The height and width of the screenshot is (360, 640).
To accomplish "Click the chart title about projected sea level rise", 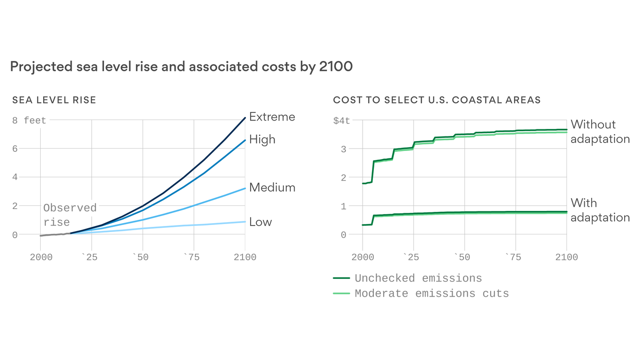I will [x=181, y=67].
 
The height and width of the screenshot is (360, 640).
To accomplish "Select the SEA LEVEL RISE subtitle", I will [x=54, y=100].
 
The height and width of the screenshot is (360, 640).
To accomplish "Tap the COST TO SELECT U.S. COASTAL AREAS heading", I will [x=437, y=100].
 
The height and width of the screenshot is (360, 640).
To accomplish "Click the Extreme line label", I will [x=272, y=117].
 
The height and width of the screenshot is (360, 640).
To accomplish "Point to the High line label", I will [x=262, y=139].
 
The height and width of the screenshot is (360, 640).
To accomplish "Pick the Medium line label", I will [x=272, y=187].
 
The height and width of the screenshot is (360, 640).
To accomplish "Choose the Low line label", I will [x=260, y=222].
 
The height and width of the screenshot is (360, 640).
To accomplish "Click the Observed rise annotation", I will [x=70, y=215].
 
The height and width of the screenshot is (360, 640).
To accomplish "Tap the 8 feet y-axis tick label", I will [x=29, y=120].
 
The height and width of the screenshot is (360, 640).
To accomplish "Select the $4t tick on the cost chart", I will [x=341, y=120].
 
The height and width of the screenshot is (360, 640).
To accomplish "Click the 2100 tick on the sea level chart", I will [x=245, y=257].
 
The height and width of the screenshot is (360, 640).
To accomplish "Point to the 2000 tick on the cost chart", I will [x=363, y=257].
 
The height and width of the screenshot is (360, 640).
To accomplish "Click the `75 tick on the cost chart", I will [x=515, y=257].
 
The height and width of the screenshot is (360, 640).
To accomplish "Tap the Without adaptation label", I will [x=600, y=132].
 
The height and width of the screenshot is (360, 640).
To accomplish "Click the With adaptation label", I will [x=600, y=210].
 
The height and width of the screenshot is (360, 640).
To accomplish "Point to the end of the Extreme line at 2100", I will [x=245, y=118].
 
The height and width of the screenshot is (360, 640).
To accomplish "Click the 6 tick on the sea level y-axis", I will [x=15, y=149].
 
